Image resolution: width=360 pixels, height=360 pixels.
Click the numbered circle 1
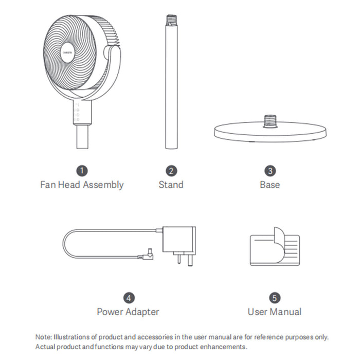(x=82, y=171)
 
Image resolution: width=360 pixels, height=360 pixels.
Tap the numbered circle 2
(x=171, y=171)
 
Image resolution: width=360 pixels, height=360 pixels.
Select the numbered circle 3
(x=270, y=171)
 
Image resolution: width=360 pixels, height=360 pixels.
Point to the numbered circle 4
(x=129, y=298)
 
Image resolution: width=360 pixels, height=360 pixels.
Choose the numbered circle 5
(x=275, y=298)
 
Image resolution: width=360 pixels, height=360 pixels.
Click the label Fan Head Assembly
(x=82, y=185)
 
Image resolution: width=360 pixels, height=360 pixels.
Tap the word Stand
(x=171, y=185)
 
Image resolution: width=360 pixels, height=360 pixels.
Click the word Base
(x=270, y=185)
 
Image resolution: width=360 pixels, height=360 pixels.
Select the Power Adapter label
(x=128, y=312)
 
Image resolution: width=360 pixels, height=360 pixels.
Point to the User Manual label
(x=275, y=312)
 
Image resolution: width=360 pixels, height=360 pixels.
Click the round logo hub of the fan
(x=68, y=52)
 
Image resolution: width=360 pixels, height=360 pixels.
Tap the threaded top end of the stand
(x=171, y=21)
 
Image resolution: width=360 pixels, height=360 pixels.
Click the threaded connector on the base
(x=270, y=121)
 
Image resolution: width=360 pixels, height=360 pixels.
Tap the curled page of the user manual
(x=280, y=244)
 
